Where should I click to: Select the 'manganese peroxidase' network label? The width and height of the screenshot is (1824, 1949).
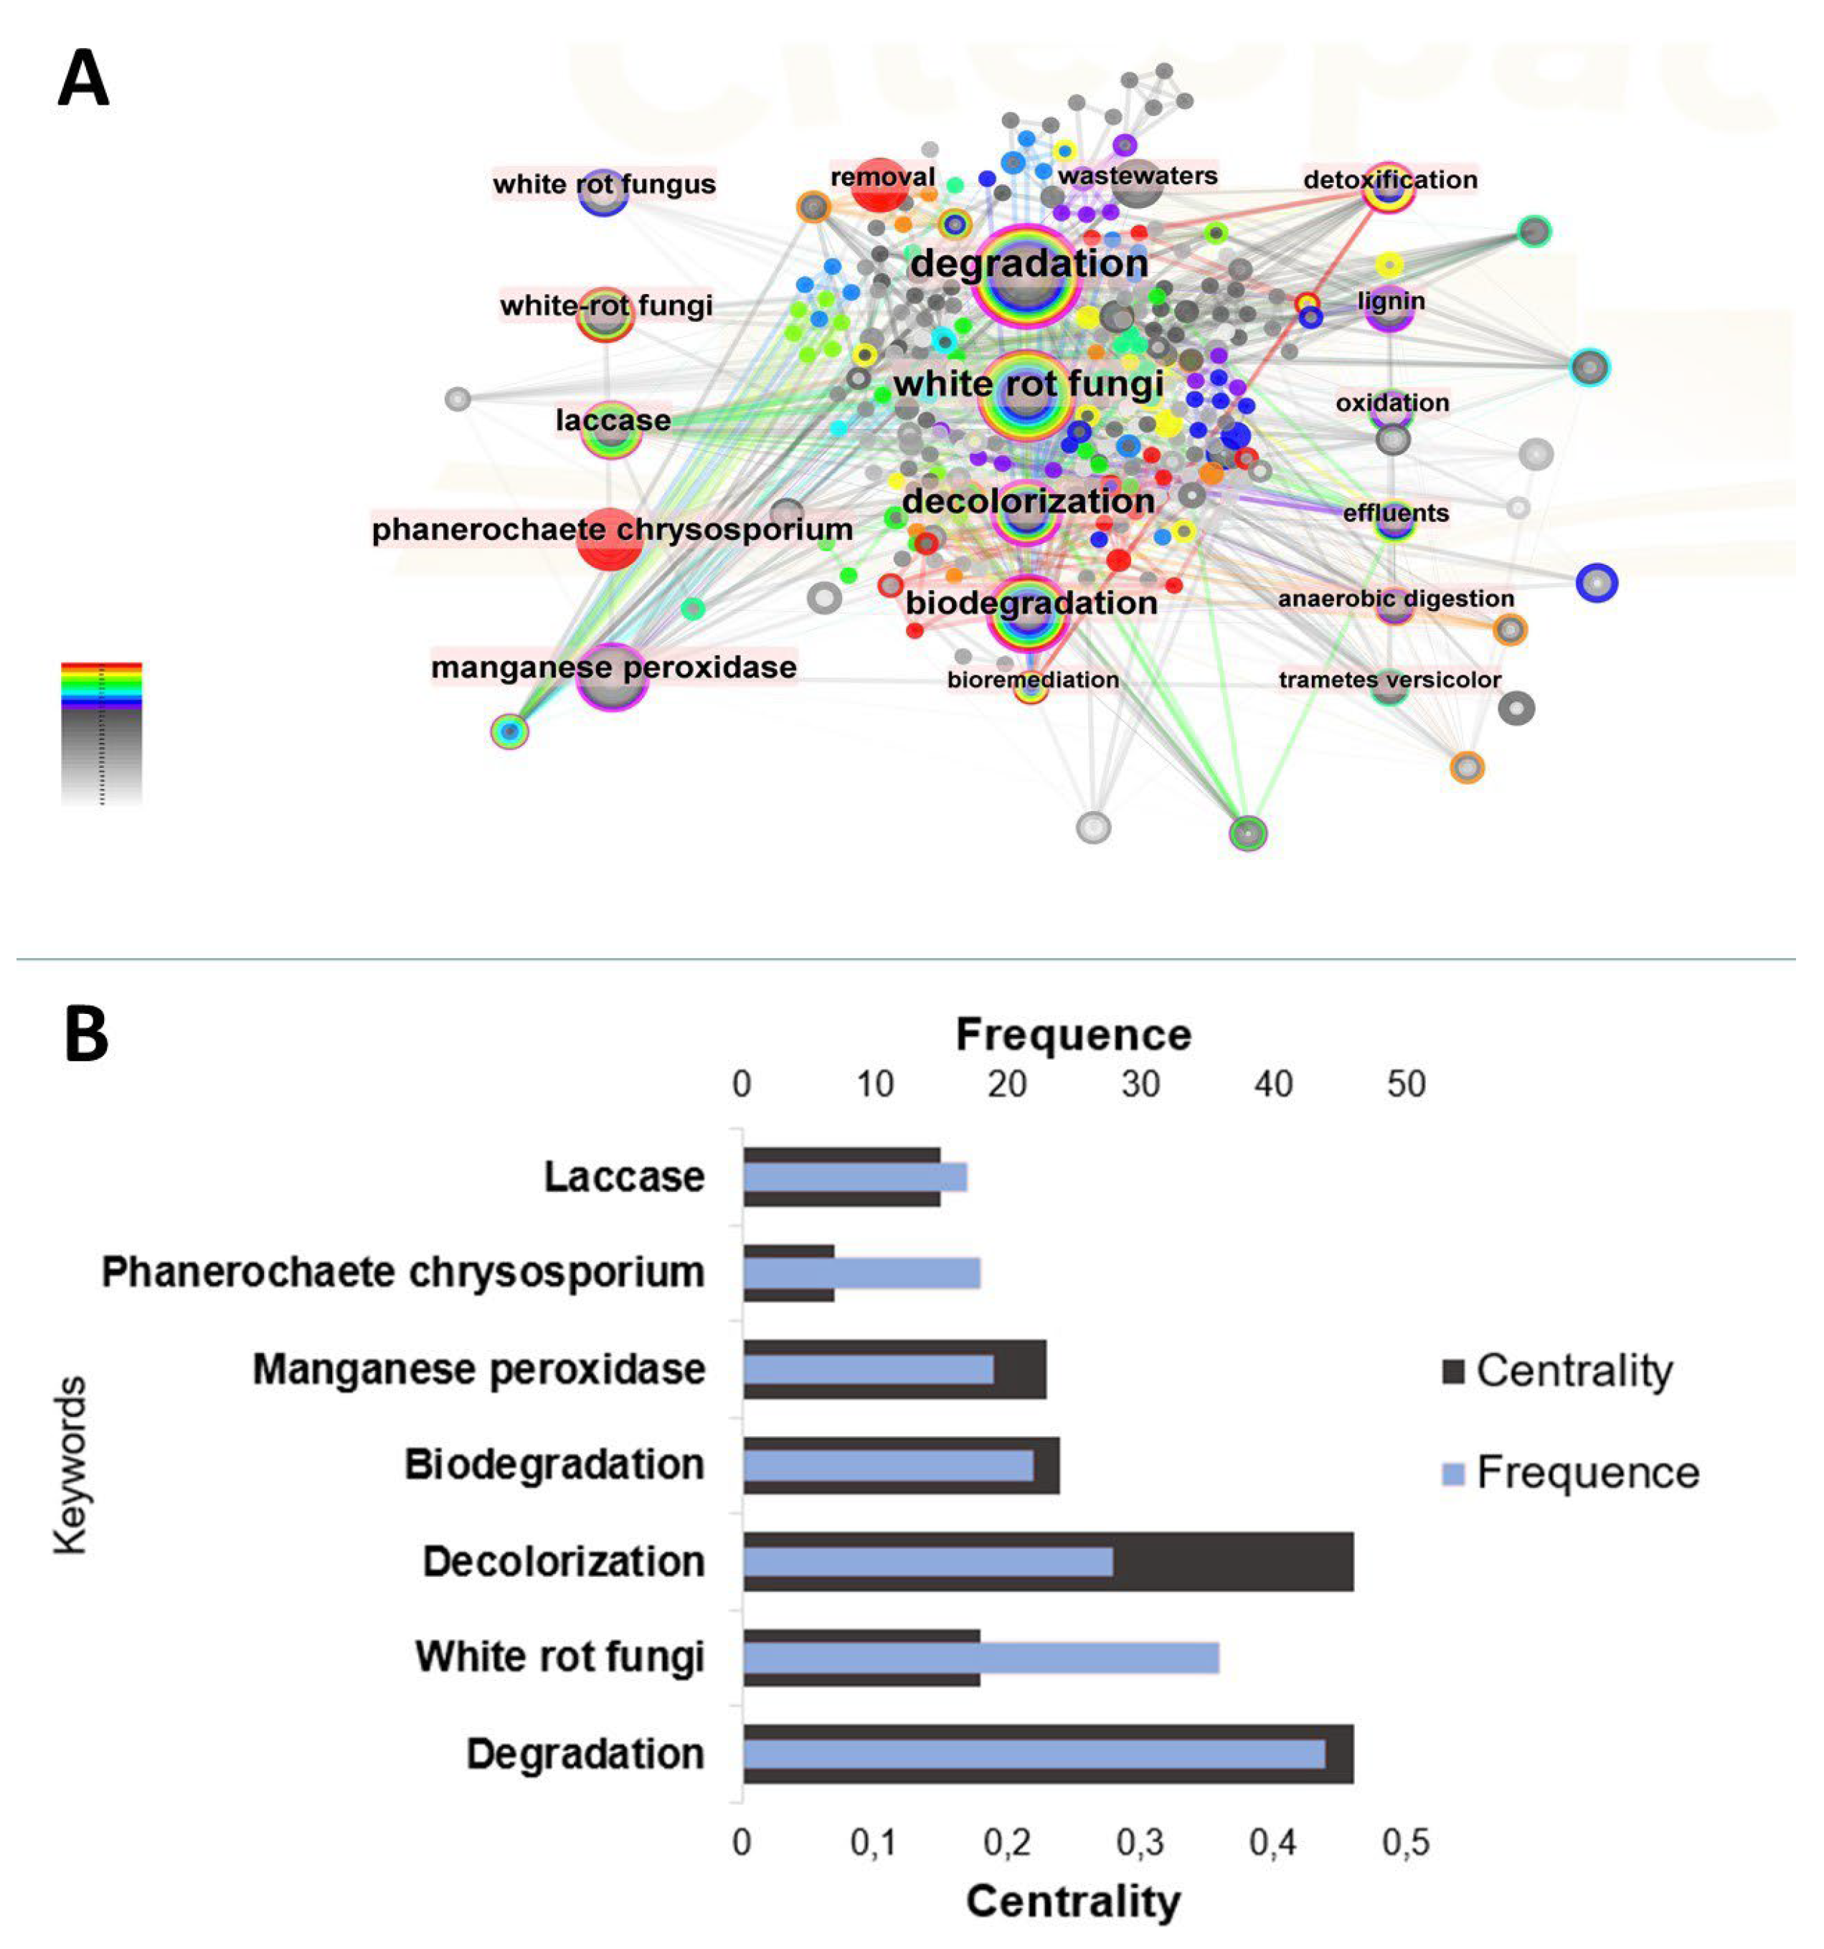(x=614, y=668)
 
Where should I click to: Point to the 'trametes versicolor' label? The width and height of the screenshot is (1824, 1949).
(x=1389, y=679)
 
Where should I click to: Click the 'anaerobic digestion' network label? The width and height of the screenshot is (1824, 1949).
(x=1396, y=598)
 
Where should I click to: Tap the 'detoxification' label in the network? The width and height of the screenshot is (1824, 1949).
(x=1389, y=179)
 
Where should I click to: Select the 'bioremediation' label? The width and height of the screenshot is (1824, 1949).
(x=1033, y=679)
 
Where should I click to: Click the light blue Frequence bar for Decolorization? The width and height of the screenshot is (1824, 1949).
(x=927, y=1562)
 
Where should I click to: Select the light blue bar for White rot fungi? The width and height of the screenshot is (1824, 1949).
(x=980, y=1658)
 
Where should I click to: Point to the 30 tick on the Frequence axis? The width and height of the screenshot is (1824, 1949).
(x=1140, y=1084)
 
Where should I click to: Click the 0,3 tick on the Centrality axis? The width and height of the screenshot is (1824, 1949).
(x=1140, y=1842)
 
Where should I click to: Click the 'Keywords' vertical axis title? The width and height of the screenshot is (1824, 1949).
(x=70, y=1466)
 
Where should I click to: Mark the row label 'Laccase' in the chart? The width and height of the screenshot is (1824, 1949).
(x=624, y=1177)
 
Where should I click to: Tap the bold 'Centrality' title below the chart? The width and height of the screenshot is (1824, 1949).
(x=1073, y=1901)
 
